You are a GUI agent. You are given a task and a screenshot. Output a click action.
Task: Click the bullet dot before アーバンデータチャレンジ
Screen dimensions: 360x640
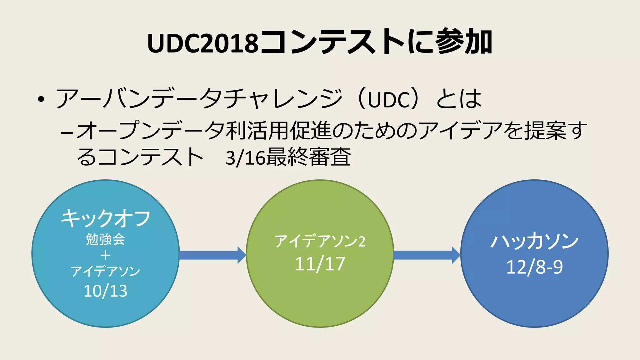(41, 100)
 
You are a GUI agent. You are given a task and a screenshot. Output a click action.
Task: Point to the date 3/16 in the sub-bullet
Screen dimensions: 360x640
(245, 158)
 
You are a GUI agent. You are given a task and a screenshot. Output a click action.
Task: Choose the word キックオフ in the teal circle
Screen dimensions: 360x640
(106, 218)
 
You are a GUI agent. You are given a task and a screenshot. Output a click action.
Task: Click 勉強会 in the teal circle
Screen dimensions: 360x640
(106, 239)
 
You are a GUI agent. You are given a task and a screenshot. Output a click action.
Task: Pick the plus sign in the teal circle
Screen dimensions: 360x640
(106, 256)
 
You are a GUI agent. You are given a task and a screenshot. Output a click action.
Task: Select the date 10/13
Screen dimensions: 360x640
(106, 291)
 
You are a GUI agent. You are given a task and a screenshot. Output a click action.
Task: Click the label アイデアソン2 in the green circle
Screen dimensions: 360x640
(320, 241)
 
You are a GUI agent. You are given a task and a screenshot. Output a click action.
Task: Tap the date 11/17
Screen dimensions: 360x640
(320, 264)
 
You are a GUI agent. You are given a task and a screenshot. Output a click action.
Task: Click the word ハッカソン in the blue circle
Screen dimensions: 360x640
(534, 242)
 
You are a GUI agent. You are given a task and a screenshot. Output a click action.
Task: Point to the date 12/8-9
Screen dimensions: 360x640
(534, 267)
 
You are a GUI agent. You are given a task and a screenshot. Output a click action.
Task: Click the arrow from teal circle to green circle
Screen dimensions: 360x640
(212, 255)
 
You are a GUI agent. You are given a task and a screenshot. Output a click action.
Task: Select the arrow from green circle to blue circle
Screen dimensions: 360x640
(427, 255)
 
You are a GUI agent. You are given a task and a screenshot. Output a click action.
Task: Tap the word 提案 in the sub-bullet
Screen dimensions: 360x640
(545, 131)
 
